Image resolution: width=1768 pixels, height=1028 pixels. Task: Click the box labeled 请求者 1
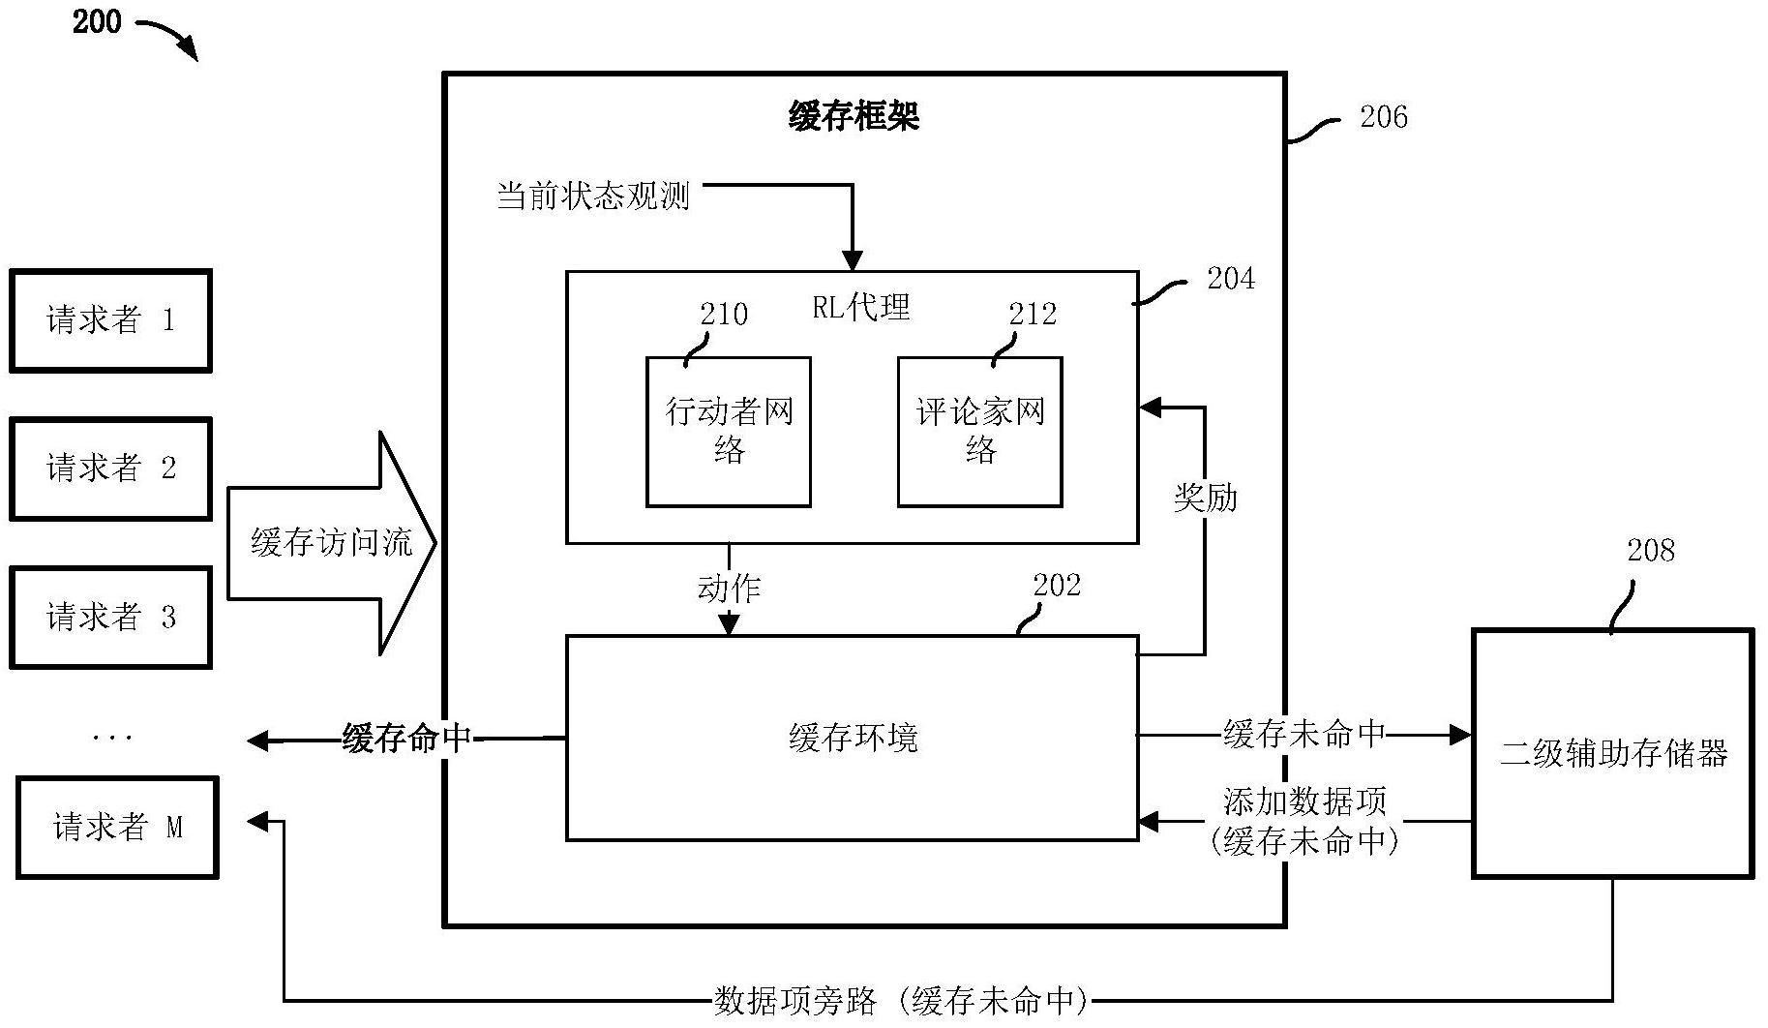pyautogui.click(x=110, y=320)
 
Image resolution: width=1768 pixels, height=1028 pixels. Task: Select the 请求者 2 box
pyautogui.click(x=110, y=469)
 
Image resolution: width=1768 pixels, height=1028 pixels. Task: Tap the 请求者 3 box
pyautogui.click(x=110, y=617)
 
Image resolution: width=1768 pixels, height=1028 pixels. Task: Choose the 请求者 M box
pyautogui.click(x=117, y=828)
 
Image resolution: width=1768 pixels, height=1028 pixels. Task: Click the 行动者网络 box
pyautogui.click(x=729, y=432)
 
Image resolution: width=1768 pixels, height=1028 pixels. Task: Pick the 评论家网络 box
pyautogui.click(x=980, y=432)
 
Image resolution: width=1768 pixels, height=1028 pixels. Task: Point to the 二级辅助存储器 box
pyautogui.click(x=1613, y=753)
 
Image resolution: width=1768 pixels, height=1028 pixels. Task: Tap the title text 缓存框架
pyautogui.click(x=854, y=117)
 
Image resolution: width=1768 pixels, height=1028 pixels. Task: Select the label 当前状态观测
pyautogui.click(x=593, y=197)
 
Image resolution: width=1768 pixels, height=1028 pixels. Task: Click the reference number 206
pyautogui.click(x=1383, y=117)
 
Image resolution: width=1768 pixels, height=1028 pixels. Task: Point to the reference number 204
pyautogui.click(x=1230, y=279)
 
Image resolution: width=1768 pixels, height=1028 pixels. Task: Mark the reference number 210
pyautogui.click(x=724, y=314)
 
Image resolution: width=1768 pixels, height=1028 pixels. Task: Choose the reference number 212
pyautogui.click(x=1033, y=314)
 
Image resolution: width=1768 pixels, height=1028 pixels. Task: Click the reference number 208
pyautogui.click(x=1650, y=550)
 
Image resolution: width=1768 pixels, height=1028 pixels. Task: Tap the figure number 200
pyautogui.click(x=97, y=21)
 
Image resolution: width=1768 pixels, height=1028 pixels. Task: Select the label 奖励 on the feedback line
pyautogui.click(x=1205, y=498)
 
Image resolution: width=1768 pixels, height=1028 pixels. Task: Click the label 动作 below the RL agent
pyautogui.click(x=729, y=588)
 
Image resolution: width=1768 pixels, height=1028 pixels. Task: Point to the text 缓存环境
pyautogui.click(x=853, y=739)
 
